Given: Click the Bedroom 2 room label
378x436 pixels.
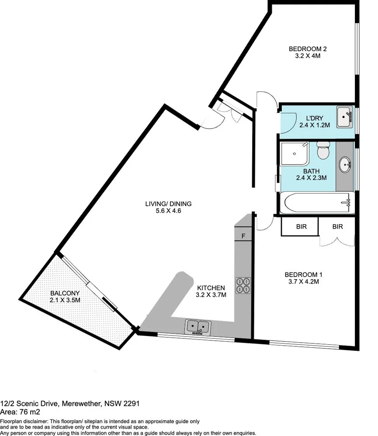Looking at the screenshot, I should click(308, 49).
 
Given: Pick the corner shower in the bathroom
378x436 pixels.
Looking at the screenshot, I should click(295, 154).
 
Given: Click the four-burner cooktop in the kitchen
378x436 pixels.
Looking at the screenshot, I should click(243, 285).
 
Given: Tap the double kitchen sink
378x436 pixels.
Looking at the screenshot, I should click(198, 326).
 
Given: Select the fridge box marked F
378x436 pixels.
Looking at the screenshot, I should click(243, 236).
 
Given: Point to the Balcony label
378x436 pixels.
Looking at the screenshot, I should click(65, 293).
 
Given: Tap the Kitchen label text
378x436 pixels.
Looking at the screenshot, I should click(211, 288).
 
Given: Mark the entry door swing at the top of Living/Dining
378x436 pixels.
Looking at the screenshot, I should click(210, 122).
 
